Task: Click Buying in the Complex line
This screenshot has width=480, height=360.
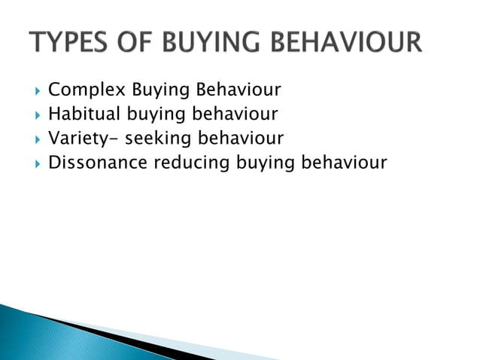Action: (161, 92)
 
